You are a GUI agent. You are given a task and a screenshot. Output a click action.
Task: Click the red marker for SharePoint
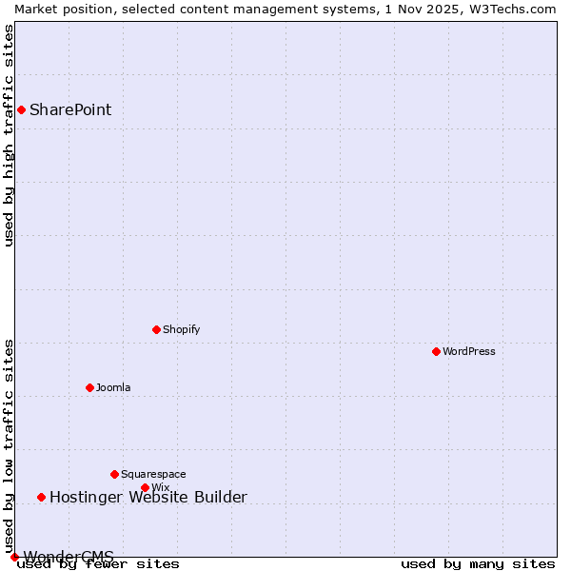click(x=21, y=109)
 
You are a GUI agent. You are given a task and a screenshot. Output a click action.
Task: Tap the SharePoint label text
click(x=70, y=109)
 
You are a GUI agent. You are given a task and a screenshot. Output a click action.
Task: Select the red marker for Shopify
click(x=156, y=329)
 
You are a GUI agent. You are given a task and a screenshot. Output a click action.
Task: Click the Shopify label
click(x=181, y=329)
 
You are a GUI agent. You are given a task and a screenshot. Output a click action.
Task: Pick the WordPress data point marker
click(x=436, y=351)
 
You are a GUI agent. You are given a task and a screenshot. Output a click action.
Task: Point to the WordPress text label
click(x=468, y=351)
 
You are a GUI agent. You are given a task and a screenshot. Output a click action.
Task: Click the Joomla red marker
click(x=89, y=387)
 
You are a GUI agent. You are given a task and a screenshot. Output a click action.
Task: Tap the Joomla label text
click(x=113, y=387)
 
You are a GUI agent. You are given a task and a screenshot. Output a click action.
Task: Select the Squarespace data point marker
click(x=114, y=474)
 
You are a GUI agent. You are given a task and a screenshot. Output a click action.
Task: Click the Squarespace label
click(x=153, y=474)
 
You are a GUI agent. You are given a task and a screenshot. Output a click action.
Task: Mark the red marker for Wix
click(x=145, y=487)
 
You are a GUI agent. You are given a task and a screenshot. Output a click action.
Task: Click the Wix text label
click(x=160, y=488)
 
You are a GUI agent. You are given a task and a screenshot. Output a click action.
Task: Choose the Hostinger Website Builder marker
click(x=41, y=497)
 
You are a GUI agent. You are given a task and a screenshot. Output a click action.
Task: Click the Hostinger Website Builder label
click(x=148, y=497)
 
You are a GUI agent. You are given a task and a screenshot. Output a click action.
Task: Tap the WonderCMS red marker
click(x=14, y=557)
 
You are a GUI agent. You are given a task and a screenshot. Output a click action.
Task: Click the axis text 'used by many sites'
click(x=478, y=563)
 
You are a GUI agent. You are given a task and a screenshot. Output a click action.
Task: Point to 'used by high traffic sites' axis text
click(x=10, y=135)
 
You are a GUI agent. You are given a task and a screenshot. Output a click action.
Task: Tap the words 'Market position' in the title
click(x=54, y=9)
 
